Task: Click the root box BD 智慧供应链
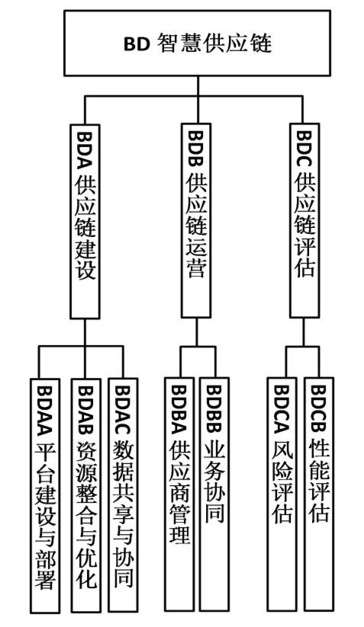click(x=197, y=43)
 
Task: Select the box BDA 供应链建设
click(x=85, y=221)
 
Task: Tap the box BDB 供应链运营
click(x=196, y=221)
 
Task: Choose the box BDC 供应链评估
click(x=304, y=221)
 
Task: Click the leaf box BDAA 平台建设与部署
click(x=45, y=495)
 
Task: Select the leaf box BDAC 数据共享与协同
click(x=123, y=495)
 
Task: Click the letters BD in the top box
click(x=137, y=44)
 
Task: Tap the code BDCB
click(x=318, y=408)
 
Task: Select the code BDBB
click(x=214, y=409)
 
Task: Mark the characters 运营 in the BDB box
click(x=196, y=260)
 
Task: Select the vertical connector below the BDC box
click(x=303, y=333)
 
